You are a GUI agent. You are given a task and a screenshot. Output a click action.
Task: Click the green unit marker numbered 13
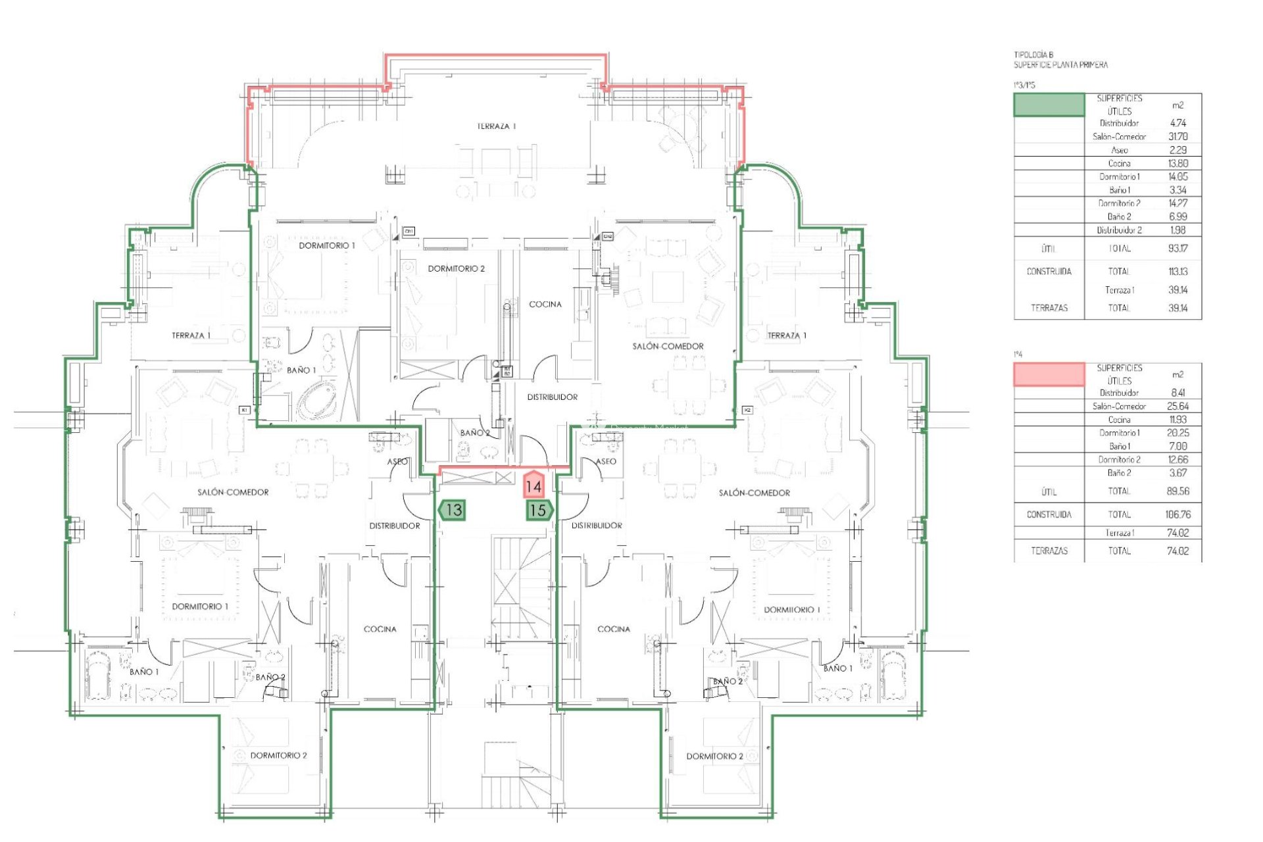pos(452,510)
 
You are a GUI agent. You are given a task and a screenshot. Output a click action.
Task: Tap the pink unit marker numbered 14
pos(533,486)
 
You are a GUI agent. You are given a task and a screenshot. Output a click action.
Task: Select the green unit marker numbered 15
pos(539,510)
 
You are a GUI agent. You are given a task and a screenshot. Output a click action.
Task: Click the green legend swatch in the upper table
pos(1049,105)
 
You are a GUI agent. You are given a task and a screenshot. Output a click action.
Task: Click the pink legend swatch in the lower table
pos(1049,374)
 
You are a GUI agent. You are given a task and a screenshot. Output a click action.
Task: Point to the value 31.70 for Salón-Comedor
pos(1177,137)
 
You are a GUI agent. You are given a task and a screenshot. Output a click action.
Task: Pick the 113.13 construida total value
pos(1177,271)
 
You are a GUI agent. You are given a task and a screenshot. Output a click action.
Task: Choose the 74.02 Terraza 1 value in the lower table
pos(1177,533)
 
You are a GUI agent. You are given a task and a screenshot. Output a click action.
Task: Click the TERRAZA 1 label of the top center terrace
pos(497,126)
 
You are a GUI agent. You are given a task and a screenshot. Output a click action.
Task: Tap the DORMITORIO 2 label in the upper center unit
pos(456,268)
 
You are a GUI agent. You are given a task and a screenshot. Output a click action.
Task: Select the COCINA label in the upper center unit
pos(545,304)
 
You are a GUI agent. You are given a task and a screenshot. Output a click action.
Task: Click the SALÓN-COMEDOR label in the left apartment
pos(233,492)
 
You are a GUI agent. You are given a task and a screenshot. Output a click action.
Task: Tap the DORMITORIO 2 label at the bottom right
pos(714,756)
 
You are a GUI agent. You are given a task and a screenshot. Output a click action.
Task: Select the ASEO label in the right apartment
pos(606,461)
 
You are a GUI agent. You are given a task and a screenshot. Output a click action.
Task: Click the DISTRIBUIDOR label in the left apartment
pos(394,526)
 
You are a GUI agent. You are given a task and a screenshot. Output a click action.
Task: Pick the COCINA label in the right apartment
pos(613,629)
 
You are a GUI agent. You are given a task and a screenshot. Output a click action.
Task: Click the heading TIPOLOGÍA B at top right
pos(1033,55)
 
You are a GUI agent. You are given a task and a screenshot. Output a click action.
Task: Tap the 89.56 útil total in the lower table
pos(1177,491)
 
